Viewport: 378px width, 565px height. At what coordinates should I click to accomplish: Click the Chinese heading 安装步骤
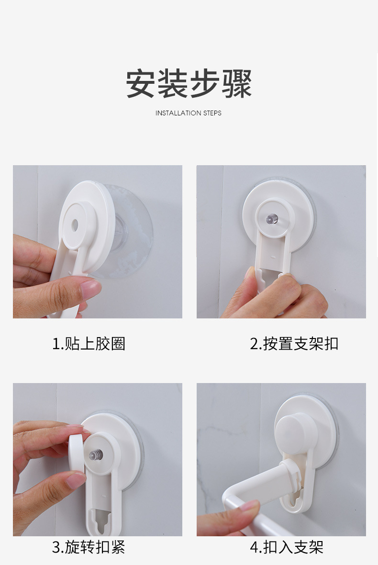189,84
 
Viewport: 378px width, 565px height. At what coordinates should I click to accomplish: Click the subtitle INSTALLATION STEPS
188,113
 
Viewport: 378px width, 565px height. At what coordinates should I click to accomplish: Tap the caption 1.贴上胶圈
89,344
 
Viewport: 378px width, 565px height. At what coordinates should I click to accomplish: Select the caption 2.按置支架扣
294,344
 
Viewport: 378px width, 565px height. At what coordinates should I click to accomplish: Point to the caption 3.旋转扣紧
89,547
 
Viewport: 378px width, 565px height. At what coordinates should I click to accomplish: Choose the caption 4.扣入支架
287,547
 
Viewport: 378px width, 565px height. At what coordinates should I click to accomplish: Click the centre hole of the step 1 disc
75,225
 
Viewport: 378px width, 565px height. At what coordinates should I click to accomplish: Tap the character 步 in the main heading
204,84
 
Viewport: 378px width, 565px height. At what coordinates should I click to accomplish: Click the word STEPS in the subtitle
212,113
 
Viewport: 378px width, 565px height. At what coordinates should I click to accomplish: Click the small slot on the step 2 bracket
273,257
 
